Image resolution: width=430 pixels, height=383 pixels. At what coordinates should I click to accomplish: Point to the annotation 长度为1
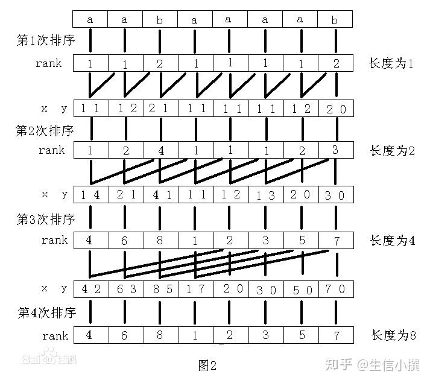392,63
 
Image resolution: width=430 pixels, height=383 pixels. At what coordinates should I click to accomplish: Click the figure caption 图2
207,365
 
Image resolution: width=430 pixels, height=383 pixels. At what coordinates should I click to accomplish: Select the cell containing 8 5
160,288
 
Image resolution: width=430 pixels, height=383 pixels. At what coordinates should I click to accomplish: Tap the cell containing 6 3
125,288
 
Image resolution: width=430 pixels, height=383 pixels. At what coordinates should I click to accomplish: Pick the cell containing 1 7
195,288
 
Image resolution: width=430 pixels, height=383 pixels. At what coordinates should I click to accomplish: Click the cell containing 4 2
90,288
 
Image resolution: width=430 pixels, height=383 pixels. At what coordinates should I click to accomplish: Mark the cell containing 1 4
90,195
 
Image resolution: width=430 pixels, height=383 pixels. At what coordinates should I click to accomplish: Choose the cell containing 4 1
160,195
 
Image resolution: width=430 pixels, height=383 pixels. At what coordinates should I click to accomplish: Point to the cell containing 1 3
265,195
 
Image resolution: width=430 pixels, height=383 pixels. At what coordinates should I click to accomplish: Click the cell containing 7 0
335,288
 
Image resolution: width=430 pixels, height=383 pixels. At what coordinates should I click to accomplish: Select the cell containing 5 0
300,288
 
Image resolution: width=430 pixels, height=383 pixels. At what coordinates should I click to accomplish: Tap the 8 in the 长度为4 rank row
160,240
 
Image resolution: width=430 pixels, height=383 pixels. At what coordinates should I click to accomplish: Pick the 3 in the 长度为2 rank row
335,149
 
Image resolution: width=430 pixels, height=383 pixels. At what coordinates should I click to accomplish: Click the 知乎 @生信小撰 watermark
372,364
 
